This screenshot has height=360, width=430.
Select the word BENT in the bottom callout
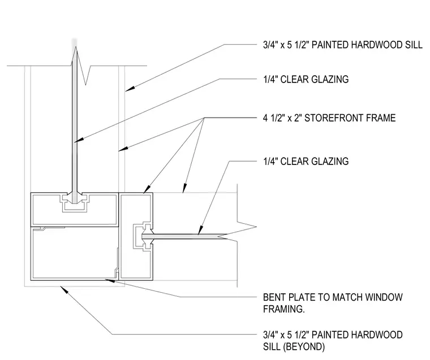[274, 297]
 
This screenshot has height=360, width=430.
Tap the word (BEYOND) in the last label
[304, 347]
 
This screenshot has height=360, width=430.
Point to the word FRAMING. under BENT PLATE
[284, 309]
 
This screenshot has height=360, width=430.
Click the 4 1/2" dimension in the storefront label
[274, 118]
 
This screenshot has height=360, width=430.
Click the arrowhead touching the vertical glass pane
[78, 140]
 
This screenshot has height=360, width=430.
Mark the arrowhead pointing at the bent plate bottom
[109, 280]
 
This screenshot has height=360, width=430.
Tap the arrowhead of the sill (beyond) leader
[63, 289]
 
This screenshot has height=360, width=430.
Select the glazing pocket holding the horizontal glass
[143, 236]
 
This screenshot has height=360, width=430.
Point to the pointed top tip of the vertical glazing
[75, 47]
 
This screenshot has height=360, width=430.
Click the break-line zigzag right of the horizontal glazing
[242, 232]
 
